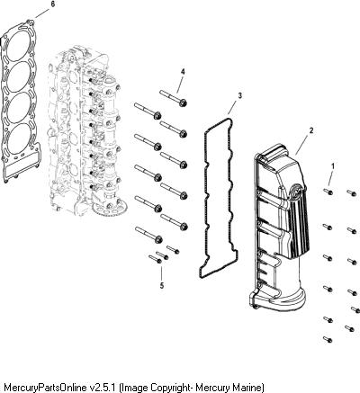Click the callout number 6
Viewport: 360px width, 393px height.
(53, 4)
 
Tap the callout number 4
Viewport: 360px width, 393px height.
(183, 72)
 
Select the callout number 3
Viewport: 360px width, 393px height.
(239, 95)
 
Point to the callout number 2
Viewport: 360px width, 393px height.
(311, 130)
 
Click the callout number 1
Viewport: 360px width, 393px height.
(333, 165)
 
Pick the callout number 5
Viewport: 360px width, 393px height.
(162, 286)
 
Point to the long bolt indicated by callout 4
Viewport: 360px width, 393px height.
(174, 97)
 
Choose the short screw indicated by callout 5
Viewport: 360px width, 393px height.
(155, 259)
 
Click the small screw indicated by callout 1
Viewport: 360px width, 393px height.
(328, 192)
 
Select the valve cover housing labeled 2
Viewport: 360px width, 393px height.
(278, 228)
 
